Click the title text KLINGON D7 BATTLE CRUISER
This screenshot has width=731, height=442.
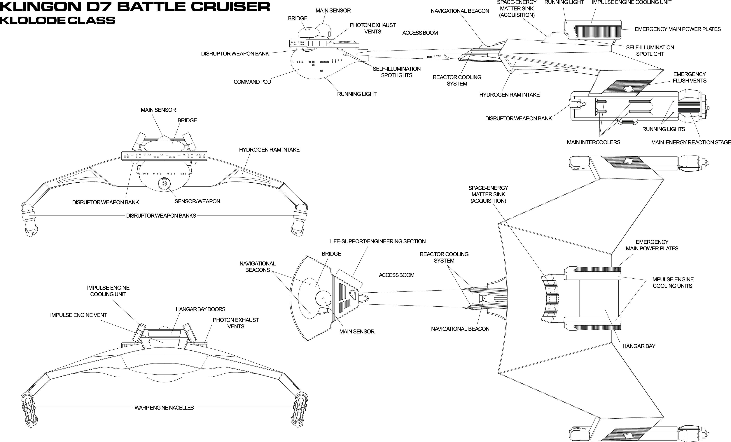pos(135,6)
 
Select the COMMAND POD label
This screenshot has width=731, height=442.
pos(252,82)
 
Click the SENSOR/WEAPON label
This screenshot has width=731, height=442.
pos(197,201)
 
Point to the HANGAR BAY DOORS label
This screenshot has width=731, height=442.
pos(201,309)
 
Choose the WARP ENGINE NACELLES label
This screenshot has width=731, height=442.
pos(164,408)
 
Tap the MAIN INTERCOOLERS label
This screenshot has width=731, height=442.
pos(593,142)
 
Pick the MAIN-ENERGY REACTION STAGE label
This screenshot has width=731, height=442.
pos(691,142)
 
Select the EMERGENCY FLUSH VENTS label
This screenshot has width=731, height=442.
pos(690,77)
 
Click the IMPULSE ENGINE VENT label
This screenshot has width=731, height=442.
pos(79,315)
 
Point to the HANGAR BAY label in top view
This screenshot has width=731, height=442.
pos(639,346)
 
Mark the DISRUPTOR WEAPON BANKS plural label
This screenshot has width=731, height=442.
pos(161,216)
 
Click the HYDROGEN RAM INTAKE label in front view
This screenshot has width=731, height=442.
pos(269,150)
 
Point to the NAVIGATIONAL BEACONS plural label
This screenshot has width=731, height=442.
pos(258,267)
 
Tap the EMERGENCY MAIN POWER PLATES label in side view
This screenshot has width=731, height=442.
pos(678,29)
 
